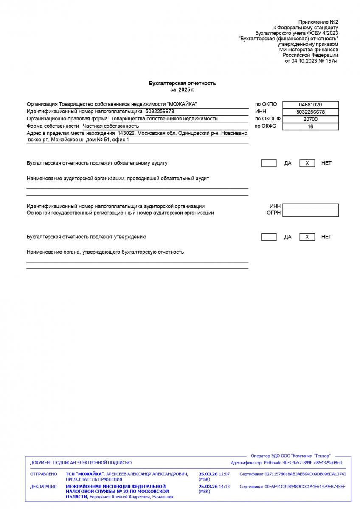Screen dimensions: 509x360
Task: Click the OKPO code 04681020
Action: [310, 105]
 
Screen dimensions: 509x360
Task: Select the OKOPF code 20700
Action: [310, 119]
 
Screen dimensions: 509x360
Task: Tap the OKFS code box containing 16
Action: [310, 126]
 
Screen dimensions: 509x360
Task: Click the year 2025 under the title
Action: [184, 90]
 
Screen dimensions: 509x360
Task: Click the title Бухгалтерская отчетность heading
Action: [182, 83]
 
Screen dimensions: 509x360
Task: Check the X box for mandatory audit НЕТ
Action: [307, 163]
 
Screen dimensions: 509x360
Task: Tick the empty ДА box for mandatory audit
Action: [269, 163]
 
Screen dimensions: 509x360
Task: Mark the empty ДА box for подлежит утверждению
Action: [269, 237]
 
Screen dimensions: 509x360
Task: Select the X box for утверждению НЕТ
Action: [307, 237]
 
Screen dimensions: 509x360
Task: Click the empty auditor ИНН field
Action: [310, 207]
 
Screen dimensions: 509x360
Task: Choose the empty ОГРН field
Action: [310, 213]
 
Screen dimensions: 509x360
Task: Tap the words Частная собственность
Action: [111, 126]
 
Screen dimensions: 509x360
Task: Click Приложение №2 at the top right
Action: [318, 22]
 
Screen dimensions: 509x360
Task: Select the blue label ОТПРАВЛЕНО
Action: [43, 474]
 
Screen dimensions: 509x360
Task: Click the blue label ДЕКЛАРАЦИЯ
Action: [43, 487]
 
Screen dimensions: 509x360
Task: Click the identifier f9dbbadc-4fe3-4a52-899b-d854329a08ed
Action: [303, 463]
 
